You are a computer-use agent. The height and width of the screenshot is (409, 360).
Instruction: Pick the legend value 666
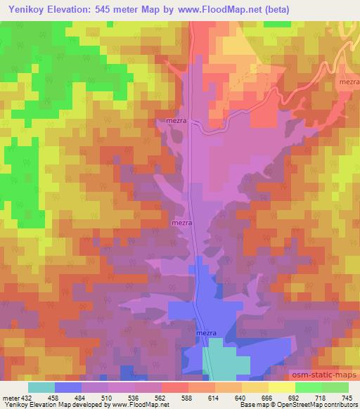[264, 398]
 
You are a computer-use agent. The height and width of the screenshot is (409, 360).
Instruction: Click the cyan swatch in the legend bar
[41, 388]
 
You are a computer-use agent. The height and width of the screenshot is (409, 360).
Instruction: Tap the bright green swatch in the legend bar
[309, 388]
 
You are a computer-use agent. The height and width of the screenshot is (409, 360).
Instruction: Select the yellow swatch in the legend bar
[282, 388]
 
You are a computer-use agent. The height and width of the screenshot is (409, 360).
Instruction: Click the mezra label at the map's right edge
[349, 82]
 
